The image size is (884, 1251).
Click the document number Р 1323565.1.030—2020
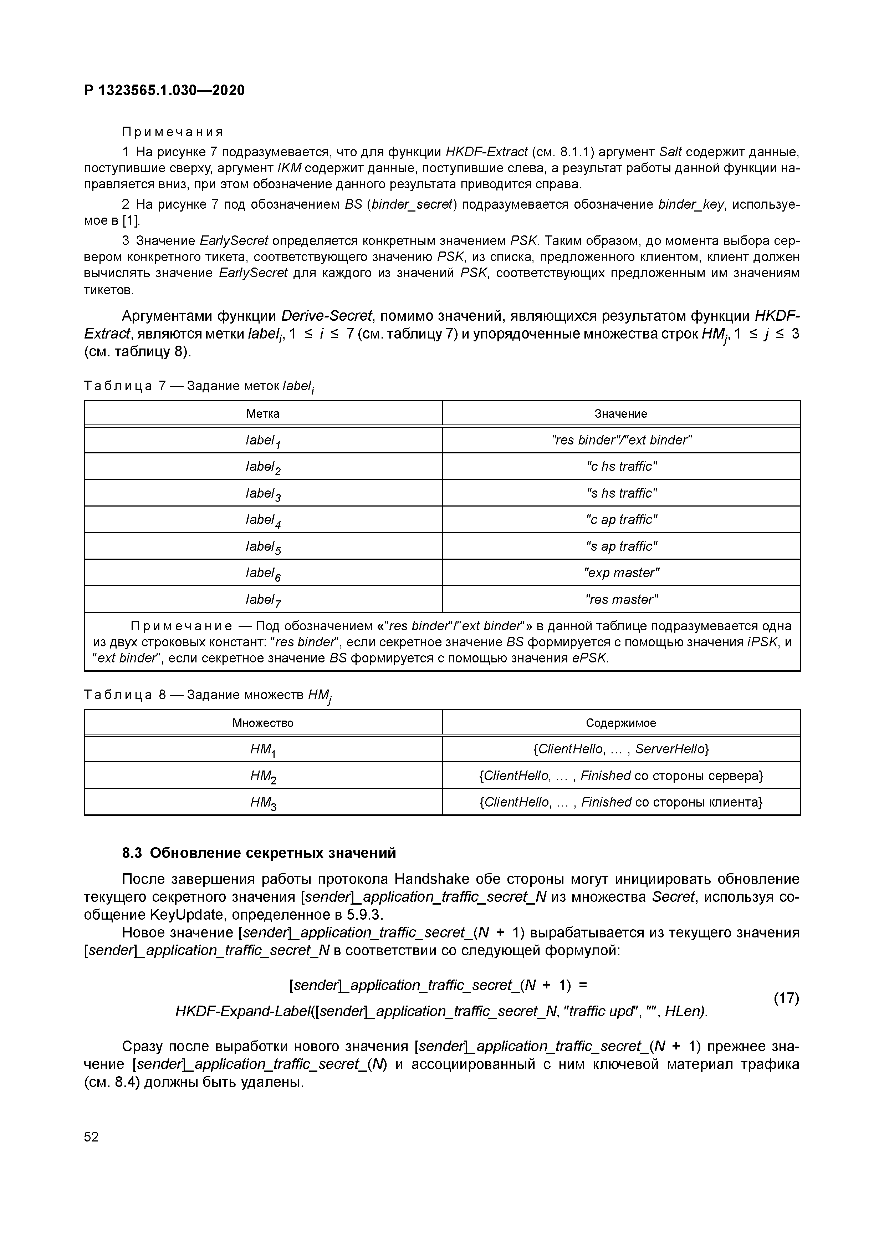(164, 91)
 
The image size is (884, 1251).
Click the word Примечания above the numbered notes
(173, 132)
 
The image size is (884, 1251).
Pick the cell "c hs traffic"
(621, 466)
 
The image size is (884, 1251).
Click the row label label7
(263, 600)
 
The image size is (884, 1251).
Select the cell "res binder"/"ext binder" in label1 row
(621, 440)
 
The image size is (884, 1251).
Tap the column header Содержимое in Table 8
(620, 723)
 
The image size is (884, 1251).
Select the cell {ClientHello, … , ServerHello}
(620, 749)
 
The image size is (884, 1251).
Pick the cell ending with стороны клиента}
(620, 802)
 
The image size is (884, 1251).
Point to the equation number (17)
(786, 998)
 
